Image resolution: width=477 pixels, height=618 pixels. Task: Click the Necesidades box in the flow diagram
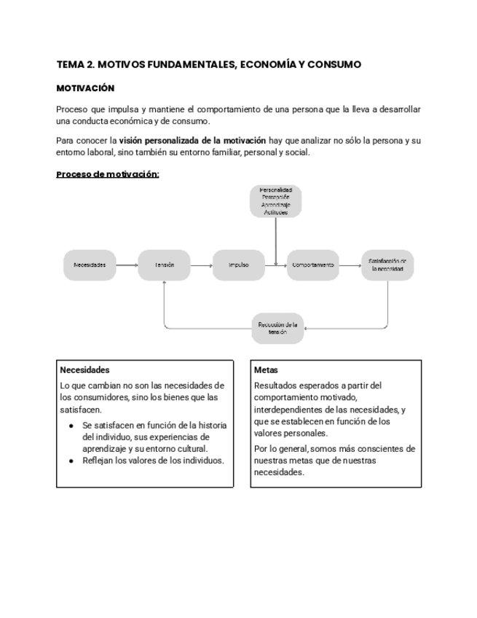click(x=90, y=265)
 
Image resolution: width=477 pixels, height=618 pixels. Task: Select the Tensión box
click(x=165, y=265)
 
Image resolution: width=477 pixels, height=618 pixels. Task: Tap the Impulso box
click(x=239, y=265)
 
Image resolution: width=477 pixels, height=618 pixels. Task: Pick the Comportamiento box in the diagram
click(x=314, y=265)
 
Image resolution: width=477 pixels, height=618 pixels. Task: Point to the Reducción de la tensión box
click(x=277, y=328)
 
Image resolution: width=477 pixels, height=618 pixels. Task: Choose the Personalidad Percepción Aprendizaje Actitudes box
click(x=275, y=201)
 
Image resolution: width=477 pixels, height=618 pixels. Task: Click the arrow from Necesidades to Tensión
click(x=127, y=265)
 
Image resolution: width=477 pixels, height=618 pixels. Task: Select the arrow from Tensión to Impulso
click(x=202, y=265)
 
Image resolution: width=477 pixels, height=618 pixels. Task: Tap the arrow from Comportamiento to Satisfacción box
click(x=351, y=265)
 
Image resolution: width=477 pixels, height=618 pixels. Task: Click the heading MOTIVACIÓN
click(x=85, y=87)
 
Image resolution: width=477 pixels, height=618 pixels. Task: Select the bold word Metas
click(x=267, y=369)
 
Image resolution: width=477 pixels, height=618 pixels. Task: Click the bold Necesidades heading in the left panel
click(x=84, y=369)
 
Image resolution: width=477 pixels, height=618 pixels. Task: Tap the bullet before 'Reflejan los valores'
click(x=71, y=461)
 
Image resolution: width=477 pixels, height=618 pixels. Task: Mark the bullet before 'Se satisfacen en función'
click(x=71, y=426)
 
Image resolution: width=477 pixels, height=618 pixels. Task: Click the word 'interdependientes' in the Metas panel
click(x=285, y=410)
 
